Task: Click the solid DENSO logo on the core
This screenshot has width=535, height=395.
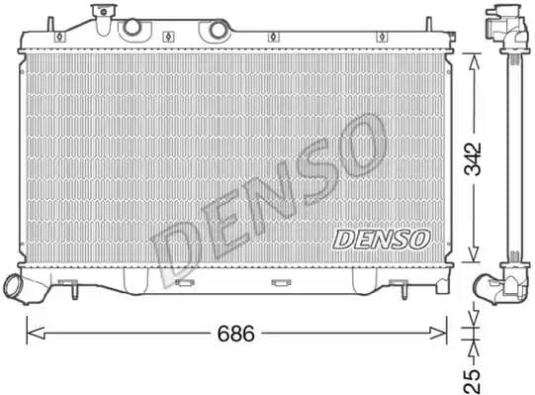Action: [x=381, y=239]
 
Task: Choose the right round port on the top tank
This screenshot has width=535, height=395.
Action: [x=215, y=31]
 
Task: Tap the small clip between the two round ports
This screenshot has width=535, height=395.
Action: [x=170, y=38]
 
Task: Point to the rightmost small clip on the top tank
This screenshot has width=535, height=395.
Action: [x=378, y=38]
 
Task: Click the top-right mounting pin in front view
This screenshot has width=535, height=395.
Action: [x=428, y=24]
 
